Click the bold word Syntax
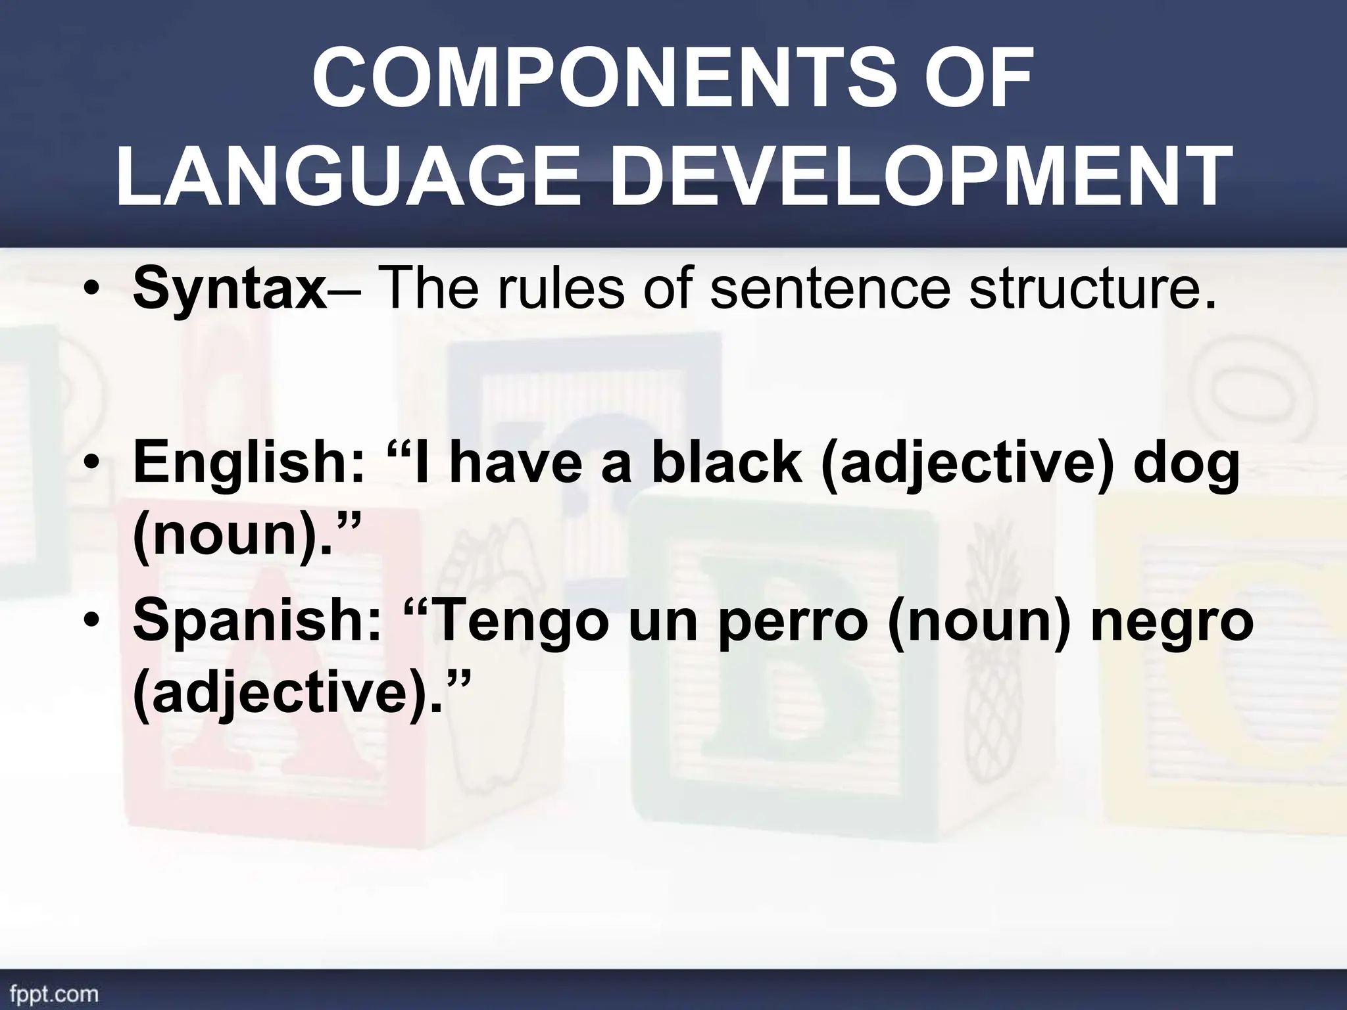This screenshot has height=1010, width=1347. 230,290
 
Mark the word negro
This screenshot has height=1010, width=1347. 1171,623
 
